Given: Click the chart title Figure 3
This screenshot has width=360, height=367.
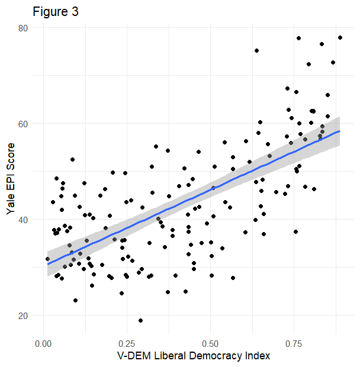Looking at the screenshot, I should point(55,12).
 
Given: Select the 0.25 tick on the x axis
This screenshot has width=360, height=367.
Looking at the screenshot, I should point(127,342).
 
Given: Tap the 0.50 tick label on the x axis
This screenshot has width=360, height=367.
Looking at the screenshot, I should point(210,342).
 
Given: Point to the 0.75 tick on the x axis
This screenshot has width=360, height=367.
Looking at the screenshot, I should point(294,342).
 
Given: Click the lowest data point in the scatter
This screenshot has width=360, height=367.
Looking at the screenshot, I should point(140,320).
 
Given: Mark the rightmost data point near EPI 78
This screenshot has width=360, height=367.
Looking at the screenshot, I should point(340,37).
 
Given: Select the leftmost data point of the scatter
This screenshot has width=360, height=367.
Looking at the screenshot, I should point(47,259).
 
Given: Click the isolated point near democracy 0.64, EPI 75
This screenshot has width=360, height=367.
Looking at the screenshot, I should point(256,50).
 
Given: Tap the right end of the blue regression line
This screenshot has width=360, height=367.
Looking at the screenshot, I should point(339,131).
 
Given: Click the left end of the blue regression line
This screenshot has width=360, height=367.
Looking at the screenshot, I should point(48,264).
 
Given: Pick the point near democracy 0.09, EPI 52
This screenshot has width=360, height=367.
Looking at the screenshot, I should point(72,159).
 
